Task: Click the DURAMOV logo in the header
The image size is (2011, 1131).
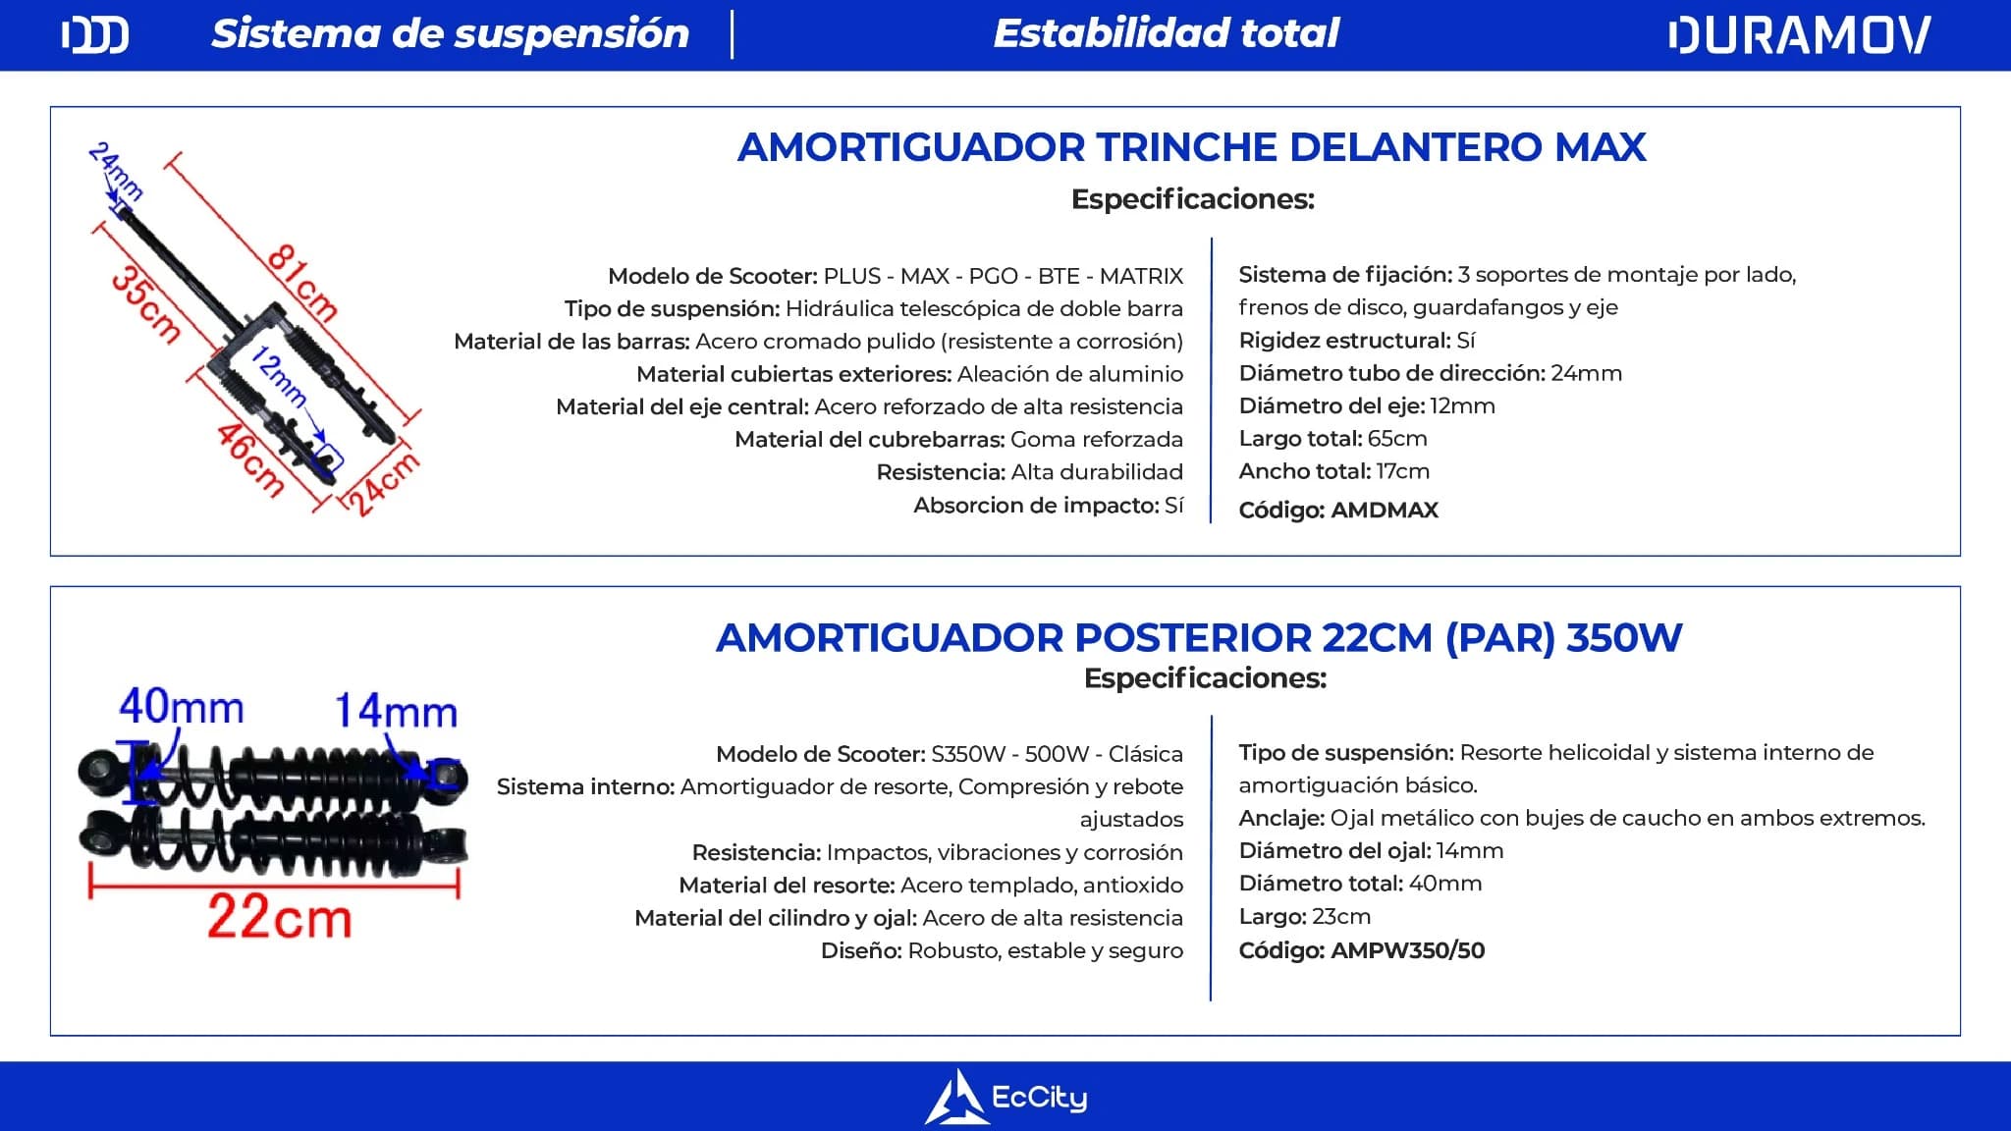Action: click(1799, 35)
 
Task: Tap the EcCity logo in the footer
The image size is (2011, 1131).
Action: click(1005, 1097)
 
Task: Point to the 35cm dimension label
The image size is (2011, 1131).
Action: click(146, 304)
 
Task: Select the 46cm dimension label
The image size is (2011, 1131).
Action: click(251, 458)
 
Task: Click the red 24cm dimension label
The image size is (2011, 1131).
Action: click(384, 482)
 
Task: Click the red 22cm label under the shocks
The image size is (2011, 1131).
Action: click(279, 919)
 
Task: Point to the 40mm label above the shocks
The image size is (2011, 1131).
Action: click(182, 707)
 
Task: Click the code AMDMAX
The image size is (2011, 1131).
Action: click(1385, 511)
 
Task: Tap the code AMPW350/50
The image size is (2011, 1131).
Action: click(1407, 950)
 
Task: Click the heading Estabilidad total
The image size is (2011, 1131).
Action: click(1166, 33)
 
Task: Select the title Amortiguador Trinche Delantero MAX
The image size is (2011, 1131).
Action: click(1191, 147)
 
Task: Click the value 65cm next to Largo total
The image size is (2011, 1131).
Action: click(1397, 439)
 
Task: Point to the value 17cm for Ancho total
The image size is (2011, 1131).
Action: click(1402, 471)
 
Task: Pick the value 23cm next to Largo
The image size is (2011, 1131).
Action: click(1341, 917)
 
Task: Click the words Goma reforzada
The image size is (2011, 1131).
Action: click(1096, 440)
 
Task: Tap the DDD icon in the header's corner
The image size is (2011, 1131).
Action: click(94, 35)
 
